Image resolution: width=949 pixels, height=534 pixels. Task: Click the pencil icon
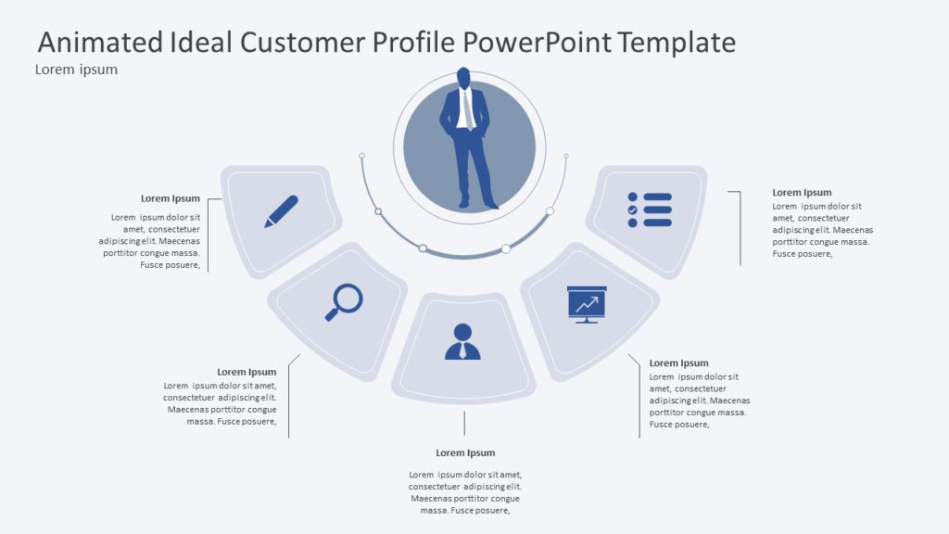[x=281, y=211]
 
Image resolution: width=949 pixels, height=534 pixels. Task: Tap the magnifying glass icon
[x=344, y=301]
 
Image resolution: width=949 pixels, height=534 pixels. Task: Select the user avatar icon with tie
[x=462, y=341]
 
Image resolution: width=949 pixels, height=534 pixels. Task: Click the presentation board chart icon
[x=587, y=304]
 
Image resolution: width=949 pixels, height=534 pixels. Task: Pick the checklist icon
[x=649, y=210]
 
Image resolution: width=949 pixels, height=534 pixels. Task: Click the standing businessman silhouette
[x=467, y=139]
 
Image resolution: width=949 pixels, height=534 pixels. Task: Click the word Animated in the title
[x=99, y=42]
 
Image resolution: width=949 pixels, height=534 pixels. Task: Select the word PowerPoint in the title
[x=537, y=42]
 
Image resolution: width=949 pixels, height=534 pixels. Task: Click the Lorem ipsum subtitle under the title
[x=76, y=70]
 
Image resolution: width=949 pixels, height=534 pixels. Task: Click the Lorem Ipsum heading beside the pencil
[x=171, y=198]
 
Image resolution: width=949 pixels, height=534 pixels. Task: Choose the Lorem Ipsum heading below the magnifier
[x=247, y=372]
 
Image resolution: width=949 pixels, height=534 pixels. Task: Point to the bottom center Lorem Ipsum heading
[x=465, y=452]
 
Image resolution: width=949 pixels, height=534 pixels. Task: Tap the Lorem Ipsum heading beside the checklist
[x=802, y=193]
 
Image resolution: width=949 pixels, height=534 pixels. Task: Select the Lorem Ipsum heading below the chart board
[x=678, y=362]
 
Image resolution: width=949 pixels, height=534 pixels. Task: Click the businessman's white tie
[x=468, y=110]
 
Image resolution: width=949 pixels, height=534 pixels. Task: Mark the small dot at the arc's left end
[x=362, y=156]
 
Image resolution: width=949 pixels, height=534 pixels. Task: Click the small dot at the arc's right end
[x=566, y=156]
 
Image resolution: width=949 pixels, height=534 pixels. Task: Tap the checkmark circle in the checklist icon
[x=633, y=210]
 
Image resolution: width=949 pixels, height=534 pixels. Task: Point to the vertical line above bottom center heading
[x=464, y=423]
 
